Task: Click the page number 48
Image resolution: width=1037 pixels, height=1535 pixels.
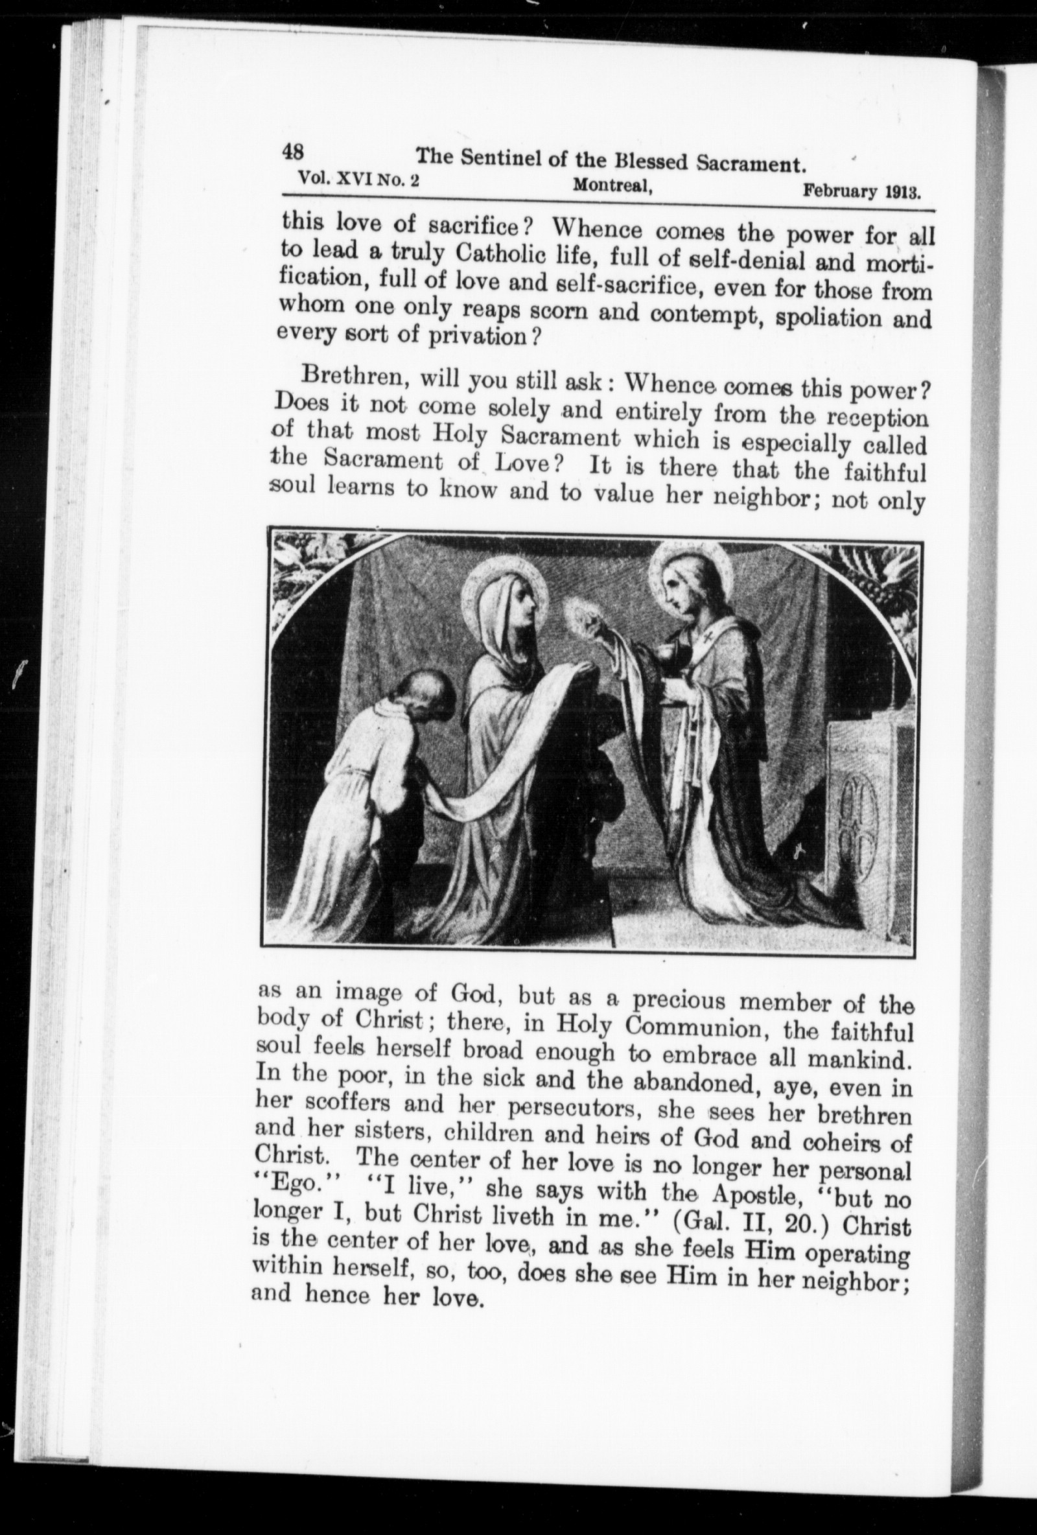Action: coord(293,152)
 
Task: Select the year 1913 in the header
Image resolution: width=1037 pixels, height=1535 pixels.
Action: coord(902,193)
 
